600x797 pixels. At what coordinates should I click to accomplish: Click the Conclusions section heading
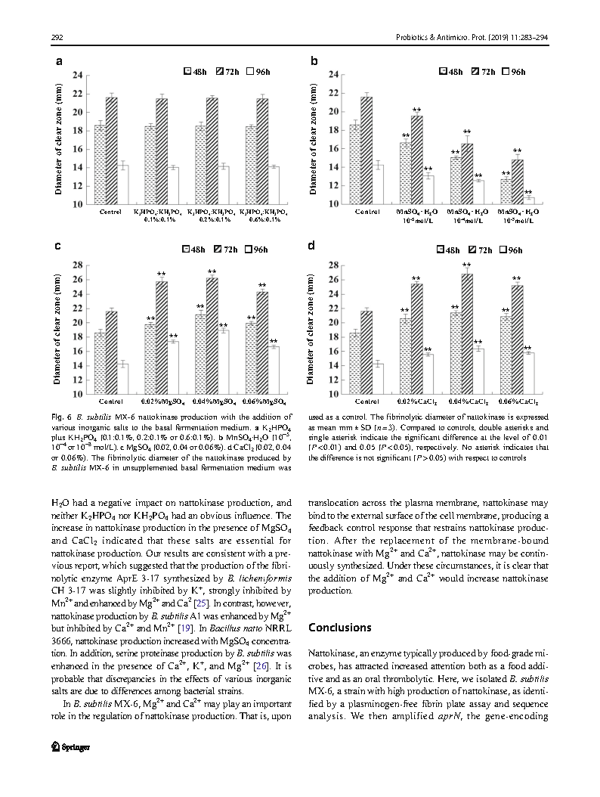340,628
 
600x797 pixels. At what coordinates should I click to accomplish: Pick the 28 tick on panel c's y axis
78,265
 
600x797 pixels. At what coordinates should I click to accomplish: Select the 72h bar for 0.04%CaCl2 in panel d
466,333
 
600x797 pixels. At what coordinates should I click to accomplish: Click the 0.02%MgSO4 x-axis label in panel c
162,402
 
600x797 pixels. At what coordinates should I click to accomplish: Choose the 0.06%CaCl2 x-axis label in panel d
518,402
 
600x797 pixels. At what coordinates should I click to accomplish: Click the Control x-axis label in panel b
368,212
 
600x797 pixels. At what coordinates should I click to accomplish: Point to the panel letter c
58,246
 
